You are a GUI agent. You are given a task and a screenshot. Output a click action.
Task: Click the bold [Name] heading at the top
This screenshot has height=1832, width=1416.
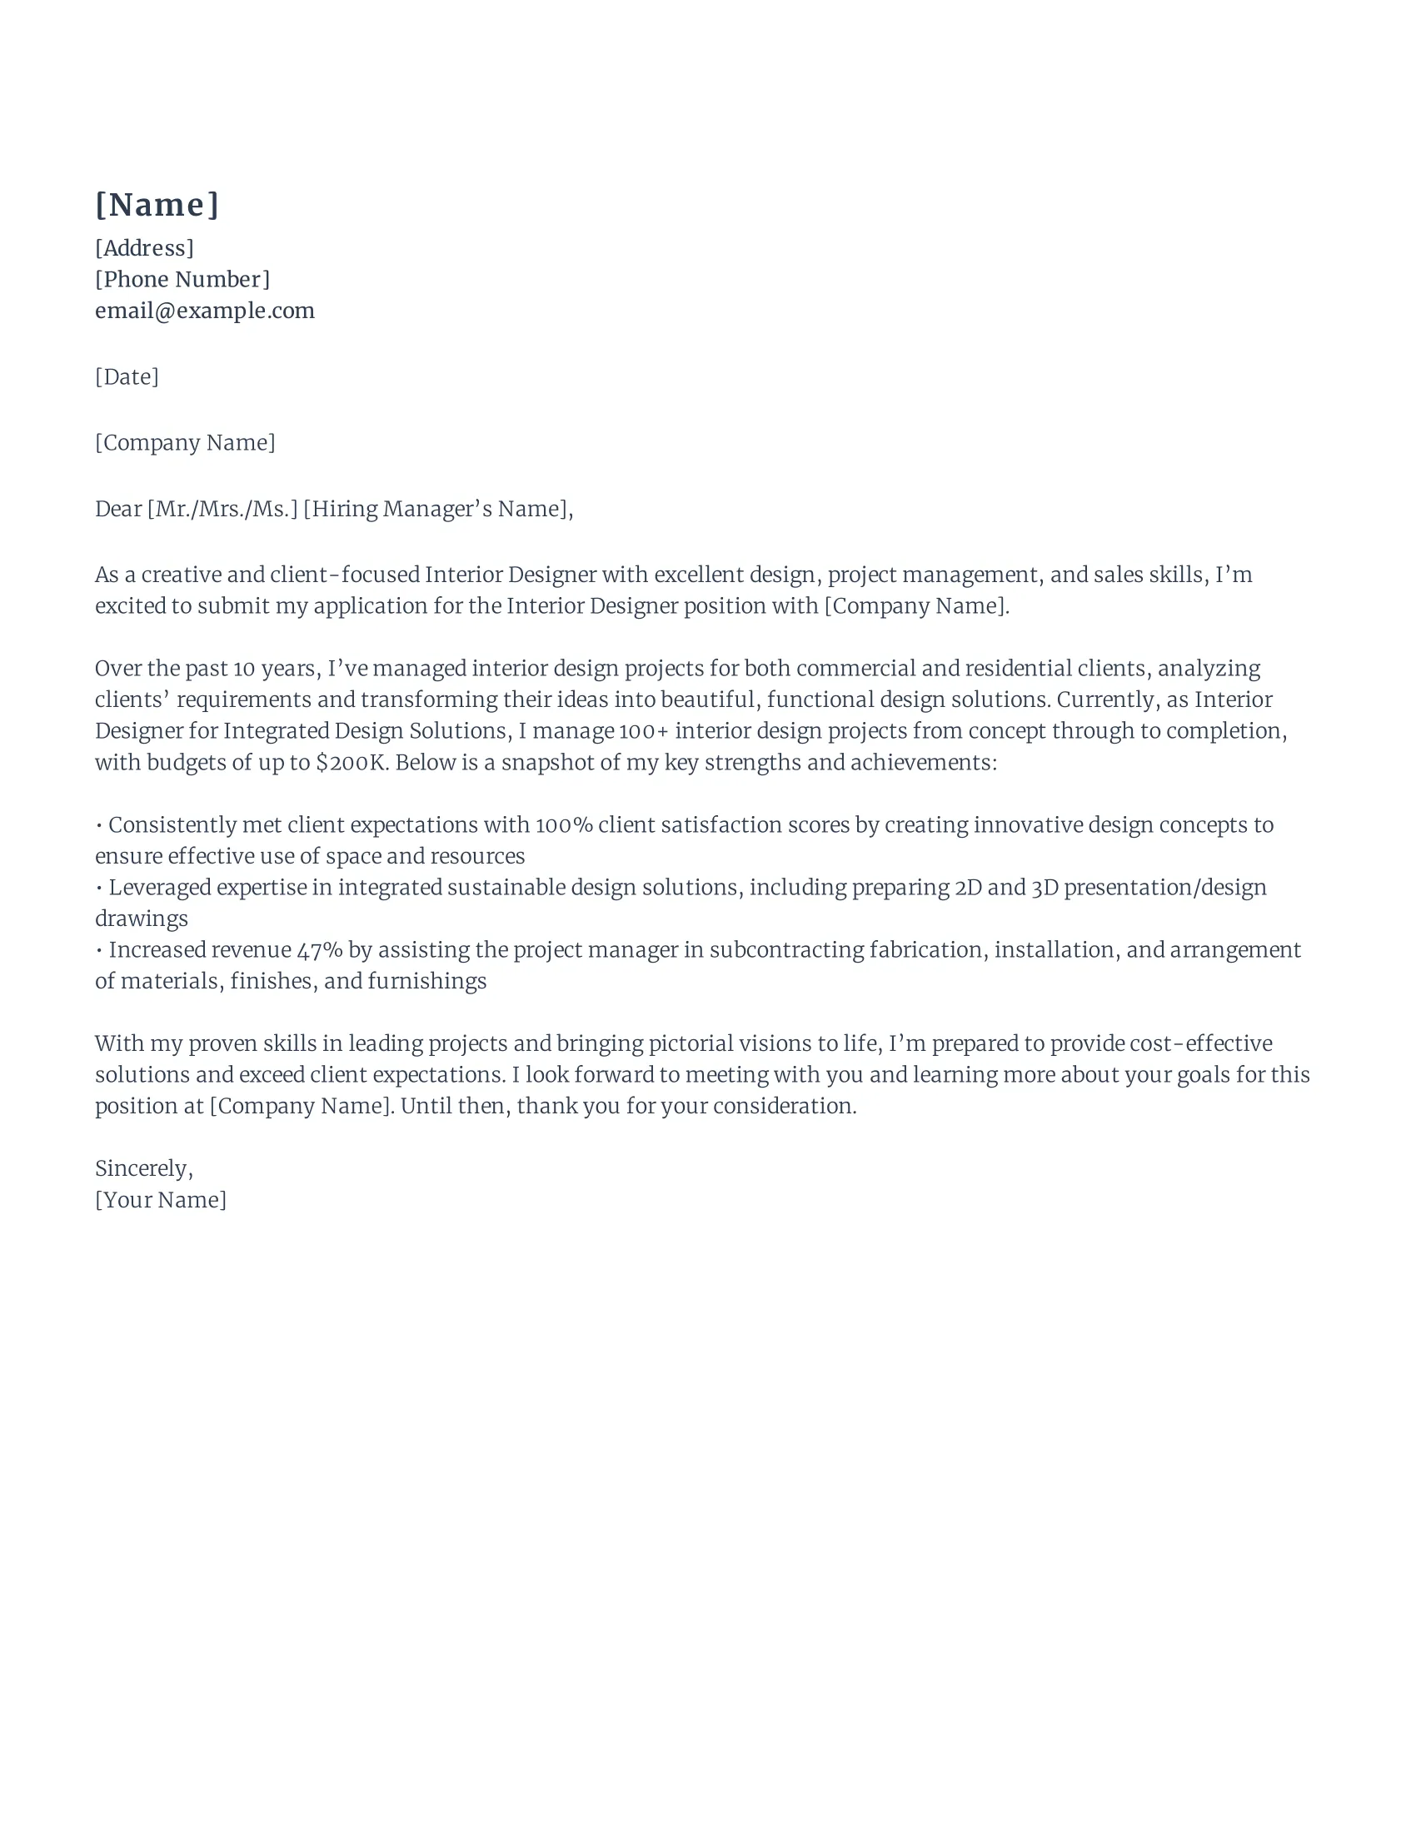coord(157,205)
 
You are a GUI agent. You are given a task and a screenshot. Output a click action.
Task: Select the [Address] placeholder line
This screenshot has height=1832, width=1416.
coord(144,248)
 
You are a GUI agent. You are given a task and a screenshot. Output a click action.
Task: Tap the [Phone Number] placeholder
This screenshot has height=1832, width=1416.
coord(182,279)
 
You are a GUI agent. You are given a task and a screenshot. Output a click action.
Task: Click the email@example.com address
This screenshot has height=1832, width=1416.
coord(205,311)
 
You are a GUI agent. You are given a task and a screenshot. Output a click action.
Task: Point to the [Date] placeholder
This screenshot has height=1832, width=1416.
coord(127,376)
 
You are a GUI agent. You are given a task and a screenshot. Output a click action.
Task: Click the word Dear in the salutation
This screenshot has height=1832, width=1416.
coord(118,509)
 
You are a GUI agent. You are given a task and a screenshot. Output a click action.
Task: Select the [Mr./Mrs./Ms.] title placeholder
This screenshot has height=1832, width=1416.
coord(222,509)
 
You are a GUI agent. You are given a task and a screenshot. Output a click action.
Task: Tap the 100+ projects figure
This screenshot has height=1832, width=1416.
coord(644,731)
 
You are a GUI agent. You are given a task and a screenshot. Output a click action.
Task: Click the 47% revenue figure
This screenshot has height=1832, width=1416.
coord(320,950)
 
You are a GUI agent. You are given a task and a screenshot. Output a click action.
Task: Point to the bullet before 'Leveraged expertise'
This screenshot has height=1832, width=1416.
coord(100,888)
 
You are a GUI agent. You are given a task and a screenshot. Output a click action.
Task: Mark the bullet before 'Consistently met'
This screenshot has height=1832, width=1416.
coord(100,825)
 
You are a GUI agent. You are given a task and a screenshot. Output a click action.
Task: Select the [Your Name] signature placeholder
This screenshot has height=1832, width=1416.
coord(160,1199)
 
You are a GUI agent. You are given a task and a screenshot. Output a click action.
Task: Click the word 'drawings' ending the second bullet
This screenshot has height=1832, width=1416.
coord(141,919)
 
